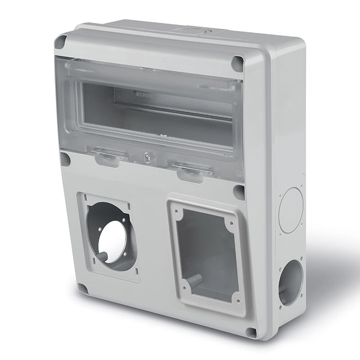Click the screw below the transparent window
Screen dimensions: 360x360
147,157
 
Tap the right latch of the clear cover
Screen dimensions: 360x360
190,170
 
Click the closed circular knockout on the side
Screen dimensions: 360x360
291,210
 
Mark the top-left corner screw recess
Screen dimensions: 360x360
60,42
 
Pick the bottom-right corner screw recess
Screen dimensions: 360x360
251,332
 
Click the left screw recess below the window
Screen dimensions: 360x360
65,159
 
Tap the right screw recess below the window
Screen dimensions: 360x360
239,192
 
